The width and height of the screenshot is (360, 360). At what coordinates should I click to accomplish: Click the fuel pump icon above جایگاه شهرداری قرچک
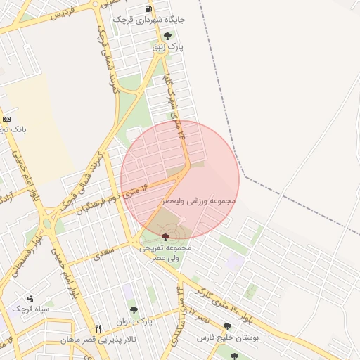click(x=148, y=9)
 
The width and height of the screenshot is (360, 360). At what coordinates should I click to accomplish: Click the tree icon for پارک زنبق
click(x=167, y=35)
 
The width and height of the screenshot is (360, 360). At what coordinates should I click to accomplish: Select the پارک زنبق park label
click(x=169, y=46)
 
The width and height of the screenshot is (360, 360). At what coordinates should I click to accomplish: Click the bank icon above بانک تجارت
click(x=6, y=119)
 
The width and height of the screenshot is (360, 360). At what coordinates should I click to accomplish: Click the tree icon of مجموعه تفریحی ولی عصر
click(x=165, y=237)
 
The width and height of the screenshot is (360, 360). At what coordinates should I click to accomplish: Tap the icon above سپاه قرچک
click(x=30, y=298)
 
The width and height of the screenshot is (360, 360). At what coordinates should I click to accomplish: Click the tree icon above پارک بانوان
click(x=133, y=309)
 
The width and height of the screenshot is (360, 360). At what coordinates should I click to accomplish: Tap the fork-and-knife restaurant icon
click(x=98, y=328)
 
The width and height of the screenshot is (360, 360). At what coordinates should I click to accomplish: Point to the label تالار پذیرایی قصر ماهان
click(x=98, y=340)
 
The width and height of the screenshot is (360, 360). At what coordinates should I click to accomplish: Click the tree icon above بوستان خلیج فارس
click(x=226, y=326)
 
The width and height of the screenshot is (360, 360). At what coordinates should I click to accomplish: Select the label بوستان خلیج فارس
click(x=226, y=337)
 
